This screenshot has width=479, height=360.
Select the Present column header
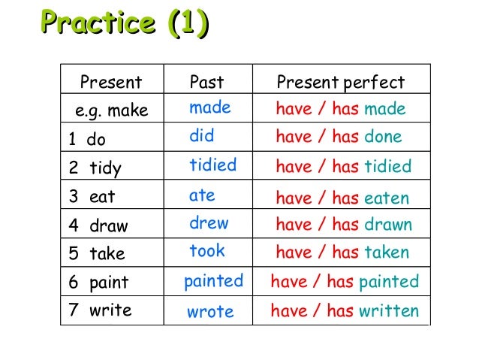point(110,82)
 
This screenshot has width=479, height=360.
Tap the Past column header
point(206,82)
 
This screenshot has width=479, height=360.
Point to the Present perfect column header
point(340,83)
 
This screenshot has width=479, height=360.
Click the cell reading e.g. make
point(112,111)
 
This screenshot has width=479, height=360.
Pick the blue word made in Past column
point(209,108)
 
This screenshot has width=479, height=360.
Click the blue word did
point(201,137)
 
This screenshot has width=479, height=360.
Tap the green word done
point(383,137)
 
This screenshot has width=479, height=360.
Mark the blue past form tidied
point(212,165)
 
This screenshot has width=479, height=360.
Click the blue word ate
point(202,195)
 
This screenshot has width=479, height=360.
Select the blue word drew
point(209,223)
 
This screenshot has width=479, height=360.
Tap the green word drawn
point(388,225)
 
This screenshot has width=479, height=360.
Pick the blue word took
point(207,251)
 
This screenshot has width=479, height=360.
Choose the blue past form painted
point(213,281)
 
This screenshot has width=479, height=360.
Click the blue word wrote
point(210,311)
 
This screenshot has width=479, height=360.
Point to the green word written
point(388,310)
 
